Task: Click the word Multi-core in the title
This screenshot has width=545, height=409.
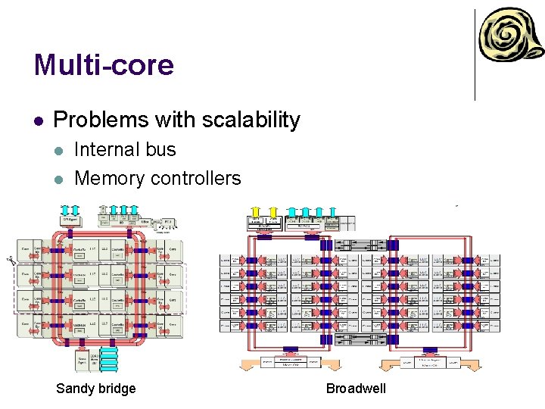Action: click(104, 65)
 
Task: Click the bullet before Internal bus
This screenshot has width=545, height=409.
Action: click(60, 150)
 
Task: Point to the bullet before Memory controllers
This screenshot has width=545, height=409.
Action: click(60, 179)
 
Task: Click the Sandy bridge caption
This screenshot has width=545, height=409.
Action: click(96, 389)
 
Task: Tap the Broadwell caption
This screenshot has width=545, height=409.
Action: click(356, 389)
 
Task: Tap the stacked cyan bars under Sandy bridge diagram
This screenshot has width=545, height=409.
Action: click(108, 360)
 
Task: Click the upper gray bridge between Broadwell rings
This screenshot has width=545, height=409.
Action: click(358, 245)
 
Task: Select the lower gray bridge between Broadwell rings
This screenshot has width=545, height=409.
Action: click(358, 339)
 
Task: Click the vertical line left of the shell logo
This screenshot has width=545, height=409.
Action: click(475, 55)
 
